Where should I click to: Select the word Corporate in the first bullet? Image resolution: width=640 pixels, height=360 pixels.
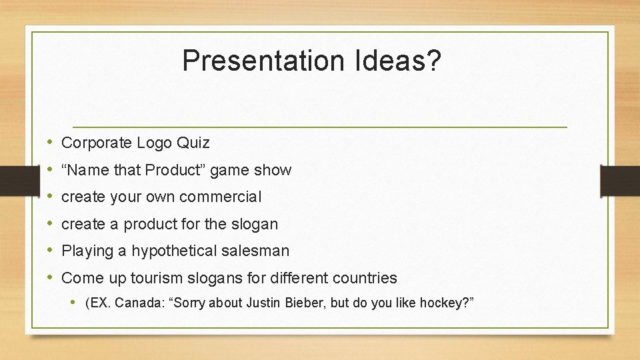point(97,143)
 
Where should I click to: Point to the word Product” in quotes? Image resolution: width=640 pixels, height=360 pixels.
point(175,170)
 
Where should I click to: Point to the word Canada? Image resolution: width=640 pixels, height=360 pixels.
point(140,303)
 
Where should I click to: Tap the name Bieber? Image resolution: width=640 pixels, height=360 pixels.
point(305,303)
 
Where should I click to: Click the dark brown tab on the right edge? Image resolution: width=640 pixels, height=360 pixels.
point(620,180)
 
